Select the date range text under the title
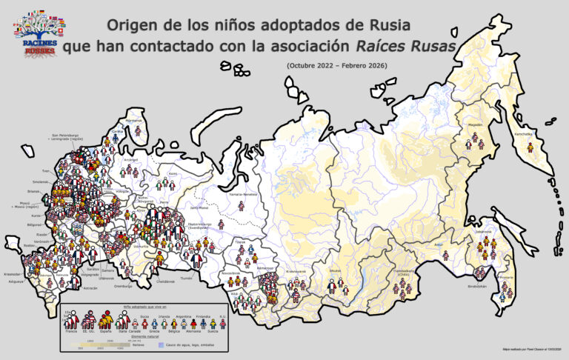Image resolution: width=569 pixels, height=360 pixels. [336, 67]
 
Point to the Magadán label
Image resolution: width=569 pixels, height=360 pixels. [475, 125]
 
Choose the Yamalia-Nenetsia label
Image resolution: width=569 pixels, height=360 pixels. [244, 194]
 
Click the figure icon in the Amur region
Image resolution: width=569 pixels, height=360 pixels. [445, 254]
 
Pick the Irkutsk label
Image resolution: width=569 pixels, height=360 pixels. [335, 270]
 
